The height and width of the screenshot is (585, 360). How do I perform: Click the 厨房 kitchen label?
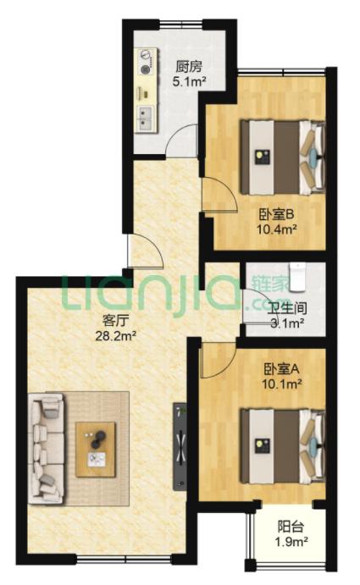pos(189,67)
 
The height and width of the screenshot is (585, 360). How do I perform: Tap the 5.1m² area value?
pos(190,81)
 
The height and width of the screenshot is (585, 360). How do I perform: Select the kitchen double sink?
pos(145,119)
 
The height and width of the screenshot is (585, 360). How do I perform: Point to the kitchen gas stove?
pos(146,63)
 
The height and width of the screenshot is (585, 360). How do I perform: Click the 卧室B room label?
pos(277,214)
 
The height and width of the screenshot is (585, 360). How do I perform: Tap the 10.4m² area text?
pos(276,229)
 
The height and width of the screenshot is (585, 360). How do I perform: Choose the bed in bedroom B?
pos(282,157)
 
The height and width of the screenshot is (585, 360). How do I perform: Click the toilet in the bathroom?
pos(297,277)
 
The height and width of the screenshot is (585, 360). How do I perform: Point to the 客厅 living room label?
pos(116,320)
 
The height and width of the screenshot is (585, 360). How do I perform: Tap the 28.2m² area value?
pos(115,336)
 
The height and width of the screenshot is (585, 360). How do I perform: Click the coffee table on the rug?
pos(96,450)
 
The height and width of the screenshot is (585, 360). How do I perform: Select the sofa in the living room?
pos(47,448)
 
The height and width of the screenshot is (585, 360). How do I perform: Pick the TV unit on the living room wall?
pos(180,446)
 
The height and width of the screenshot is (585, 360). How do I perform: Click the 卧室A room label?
pos(281,369)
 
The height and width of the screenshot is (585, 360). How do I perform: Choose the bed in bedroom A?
pos(282,446)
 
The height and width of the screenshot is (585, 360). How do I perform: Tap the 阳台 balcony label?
pos(291,527)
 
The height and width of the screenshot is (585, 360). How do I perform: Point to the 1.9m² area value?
pos(291,542)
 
